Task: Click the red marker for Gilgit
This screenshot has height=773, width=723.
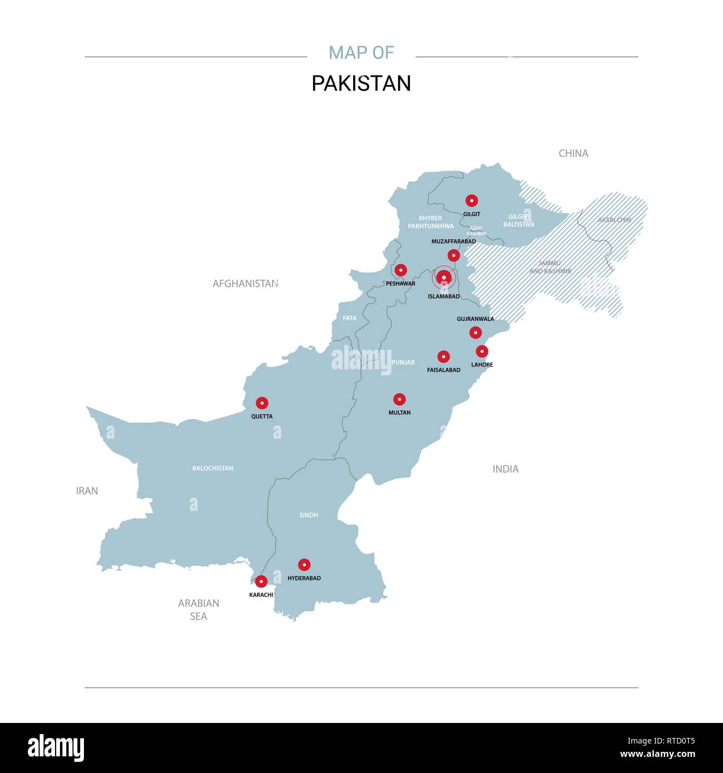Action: coord(472,201)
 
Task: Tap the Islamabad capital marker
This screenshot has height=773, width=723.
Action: coord(444,277)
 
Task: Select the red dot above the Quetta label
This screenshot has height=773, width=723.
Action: coord(262,403)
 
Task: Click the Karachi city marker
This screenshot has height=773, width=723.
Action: coord(261,582)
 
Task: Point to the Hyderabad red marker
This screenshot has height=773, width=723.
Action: coord(304,565)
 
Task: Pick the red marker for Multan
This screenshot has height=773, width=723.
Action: coord(399,399)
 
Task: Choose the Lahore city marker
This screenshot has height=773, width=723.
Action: coord(482,351)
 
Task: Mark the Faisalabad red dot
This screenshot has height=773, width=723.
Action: coord(443,356)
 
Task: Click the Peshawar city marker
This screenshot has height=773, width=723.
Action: coord(400,270)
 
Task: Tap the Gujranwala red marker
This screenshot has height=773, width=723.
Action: coord(476,333)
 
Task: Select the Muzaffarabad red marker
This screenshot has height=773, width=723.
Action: coord(454,255)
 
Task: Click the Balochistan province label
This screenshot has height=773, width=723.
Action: coord(212,468)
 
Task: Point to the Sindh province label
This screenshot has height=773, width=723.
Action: coord(309,516)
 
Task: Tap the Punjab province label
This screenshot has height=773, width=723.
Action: coord(403,363)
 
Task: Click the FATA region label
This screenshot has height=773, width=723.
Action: coord(350,319)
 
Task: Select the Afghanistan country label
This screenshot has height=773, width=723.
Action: coord(245,284)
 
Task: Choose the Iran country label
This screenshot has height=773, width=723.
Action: coord(87,491)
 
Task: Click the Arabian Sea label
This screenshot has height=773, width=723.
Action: coord(199,610)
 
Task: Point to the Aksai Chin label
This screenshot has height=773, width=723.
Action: coord(615,220)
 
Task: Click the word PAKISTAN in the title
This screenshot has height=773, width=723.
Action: coord(361,83)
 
